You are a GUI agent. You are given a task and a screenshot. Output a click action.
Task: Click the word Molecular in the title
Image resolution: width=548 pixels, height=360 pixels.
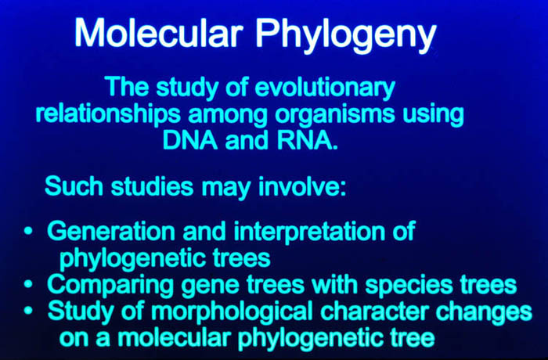pos(159,33)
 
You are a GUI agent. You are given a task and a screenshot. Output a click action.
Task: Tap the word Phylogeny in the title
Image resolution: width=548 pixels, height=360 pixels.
pos(346,36)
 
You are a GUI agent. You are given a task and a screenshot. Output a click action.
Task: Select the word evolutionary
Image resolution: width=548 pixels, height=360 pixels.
pos(325,88)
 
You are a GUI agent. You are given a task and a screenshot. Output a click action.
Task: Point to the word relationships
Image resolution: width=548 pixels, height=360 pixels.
pos(108,114)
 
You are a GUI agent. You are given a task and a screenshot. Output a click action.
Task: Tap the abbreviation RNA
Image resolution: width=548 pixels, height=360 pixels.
pos(307,141)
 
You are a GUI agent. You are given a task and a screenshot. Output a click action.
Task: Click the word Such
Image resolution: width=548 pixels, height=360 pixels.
pos(74,186)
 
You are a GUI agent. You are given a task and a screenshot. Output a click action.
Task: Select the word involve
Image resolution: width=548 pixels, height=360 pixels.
pos(302,186)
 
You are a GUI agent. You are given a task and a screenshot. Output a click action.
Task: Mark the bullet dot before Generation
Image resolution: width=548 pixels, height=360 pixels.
pos(28,231)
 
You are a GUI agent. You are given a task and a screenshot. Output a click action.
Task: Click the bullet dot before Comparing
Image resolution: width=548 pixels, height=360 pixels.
pos(28,283)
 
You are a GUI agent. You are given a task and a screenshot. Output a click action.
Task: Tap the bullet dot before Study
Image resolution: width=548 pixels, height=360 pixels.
pos(28,310)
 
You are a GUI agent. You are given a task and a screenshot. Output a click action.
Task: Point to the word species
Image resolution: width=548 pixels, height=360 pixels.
pos(409,286)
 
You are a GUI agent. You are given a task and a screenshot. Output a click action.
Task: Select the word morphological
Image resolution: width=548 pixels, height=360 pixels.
pos(232,311)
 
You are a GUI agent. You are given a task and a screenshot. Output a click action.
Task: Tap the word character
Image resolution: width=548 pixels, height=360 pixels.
pos(374,311)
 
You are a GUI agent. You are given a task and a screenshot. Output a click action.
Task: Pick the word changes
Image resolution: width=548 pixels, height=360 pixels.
pos(484,312)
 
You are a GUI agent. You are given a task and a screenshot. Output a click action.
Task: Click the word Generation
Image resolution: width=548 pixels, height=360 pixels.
pos(111,231)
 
